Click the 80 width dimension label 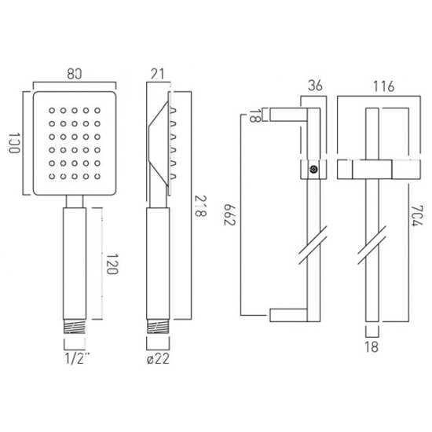75,74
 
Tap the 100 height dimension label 14,143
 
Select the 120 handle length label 112,264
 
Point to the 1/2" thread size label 77,358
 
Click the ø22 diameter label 158,359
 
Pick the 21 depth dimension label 157,74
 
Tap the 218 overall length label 200,206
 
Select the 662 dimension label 229,215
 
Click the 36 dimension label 315,86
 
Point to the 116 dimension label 384,86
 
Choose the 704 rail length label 416,216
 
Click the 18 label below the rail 372,347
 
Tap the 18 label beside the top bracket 254,115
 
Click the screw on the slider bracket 313,170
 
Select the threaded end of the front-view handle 75,327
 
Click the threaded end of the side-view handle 158,327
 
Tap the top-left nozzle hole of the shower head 52,111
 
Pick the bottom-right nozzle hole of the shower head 97,176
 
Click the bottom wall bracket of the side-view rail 288,315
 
